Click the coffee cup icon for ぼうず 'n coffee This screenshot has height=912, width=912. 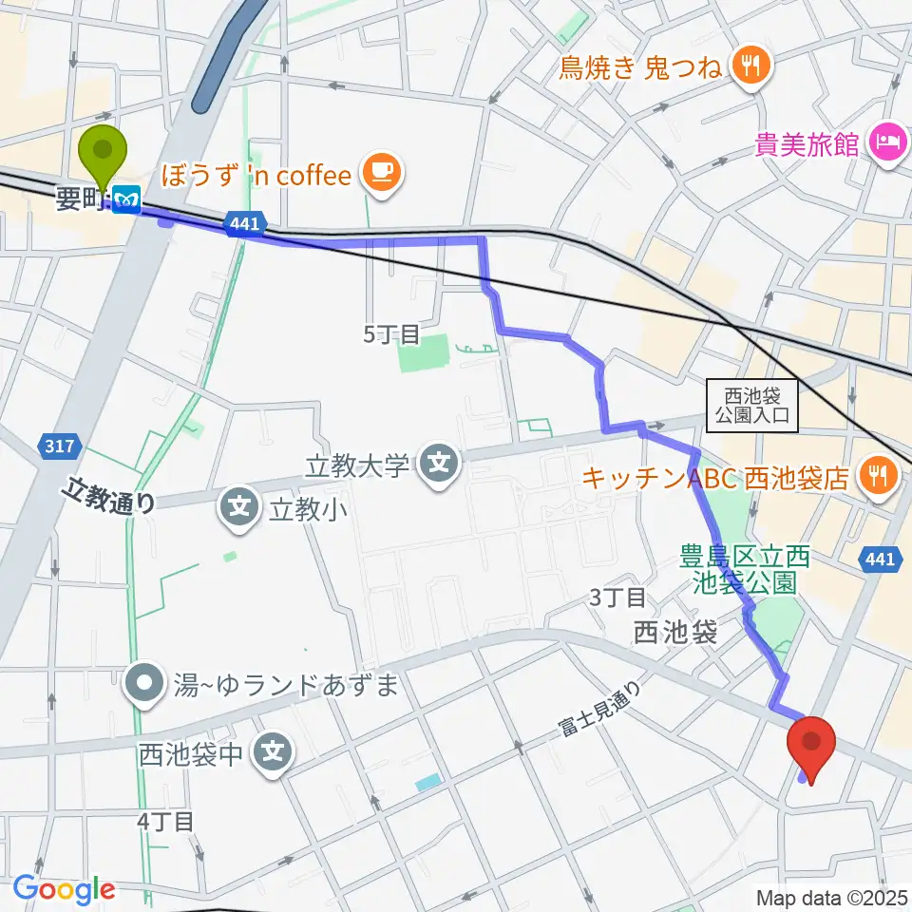click(x=382, y=172)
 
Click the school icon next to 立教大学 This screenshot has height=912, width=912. click(x=438, y=465)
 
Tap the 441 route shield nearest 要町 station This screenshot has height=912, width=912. click(x=243, y=224)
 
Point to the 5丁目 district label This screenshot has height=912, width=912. click(x=391, y=333)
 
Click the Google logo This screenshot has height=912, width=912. click(x=64, y=889)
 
